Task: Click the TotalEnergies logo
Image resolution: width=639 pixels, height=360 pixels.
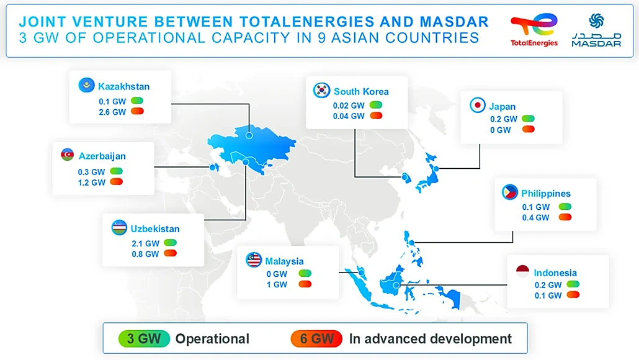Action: [x=534, y=30]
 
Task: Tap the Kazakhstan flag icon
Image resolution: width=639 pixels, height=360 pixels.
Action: [x=86, y=86]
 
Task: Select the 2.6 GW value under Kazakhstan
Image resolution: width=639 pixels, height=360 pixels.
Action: [x=112, y=112]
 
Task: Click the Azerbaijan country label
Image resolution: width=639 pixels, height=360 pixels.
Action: [x=102, y=156]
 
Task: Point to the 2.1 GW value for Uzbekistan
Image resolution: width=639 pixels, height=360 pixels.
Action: [x=145, y=243]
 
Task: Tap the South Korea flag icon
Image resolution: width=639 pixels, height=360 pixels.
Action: [x=321, y=91]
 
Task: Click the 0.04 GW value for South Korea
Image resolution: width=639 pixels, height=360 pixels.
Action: [x=349, y=116]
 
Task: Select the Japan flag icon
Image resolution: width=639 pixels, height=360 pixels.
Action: [x=477, y=106]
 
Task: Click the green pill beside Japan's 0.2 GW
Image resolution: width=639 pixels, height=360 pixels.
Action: [x=528, y=119]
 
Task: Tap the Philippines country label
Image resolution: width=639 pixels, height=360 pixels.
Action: [x=546, y=194]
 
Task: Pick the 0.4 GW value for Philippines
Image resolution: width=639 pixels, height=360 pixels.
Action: [x=535, y=218]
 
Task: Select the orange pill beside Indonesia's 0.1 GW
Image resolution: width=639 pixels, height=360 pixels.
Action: [x=573, y=295]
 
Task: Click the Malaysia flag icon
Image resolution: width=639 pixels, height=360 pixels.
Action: [x=254, y=260]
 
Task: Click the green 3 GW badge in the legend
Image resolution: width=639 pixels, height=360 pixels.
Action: [x=144, y=338]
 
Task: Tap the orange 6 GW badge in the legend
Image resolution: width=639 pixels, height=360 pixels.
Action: [x=316, y=338]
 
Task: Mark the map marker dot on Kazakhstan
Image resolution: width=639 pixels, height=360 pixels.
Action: [x=249, y=134]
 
